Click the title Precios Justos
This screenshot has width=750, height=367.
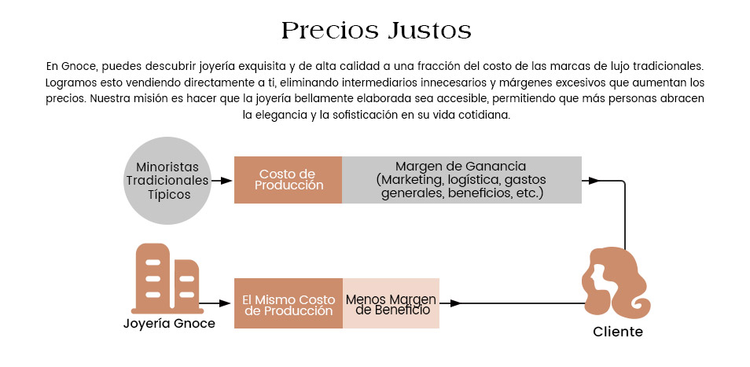click(x=376, y=31)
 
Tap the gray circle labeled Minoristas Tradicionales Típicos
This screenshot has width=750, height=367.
click(x=167, y=181)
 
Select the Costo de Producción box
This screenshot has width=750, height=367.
click(x=288, y=180)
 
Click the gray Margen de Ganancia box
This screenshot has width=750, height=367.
click(x=461, y=180)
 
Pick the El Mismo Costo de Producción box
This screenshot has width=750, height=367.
click(x=289, y=303)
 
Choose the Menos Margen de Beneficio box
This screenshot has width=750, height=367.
click(x=391, y=303)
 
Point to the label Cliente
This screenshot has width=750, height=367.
click(x=618, y=332)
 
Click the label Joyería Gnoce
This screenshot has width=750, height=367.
click(x=169, y=324)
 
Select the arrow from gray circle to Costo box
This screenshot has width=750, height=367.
click(x=222, y=181)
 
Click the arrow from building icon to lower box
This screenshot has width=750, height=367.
click(x=215, y=303)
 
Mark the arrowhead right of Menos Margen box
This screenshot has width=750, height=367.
click(x=455, y=303)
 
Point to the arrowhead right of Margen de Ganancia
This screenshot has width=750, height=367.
click(x=594, y=181)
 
